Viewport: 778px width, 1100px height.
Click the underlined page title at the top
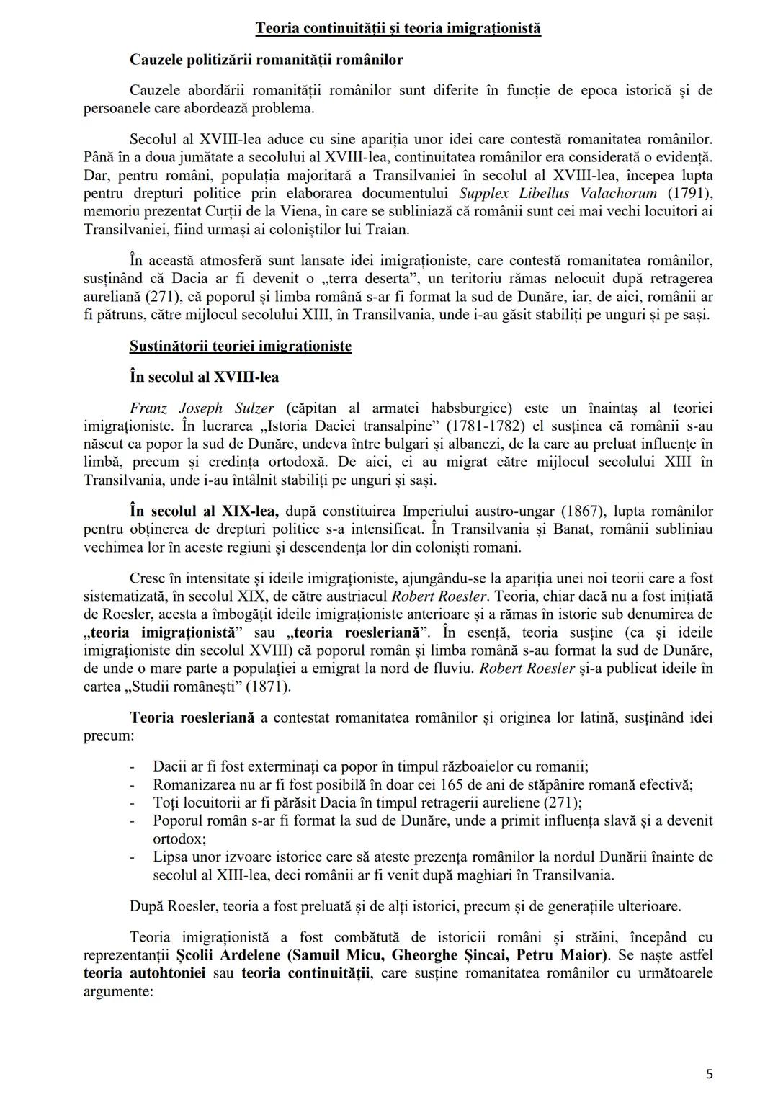[x=398, y=28]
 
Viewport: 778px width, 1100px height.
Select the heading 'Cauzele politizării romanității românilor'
[x=266, y=60]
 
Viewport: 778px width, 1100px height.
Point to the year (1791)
[x=690, y=194]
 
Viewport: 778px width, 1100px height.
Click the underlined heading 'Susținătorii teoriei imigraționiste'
[x=241, y=346]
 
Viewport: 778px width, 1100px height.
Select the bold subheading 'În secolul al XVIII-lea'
[x=204, y=377]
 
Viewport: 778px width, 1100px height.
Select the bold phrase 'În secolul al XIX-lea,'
[x=205, y=511]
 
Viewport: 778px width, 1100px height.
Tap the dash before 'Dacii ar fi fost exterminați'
[x=133, y=766]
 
